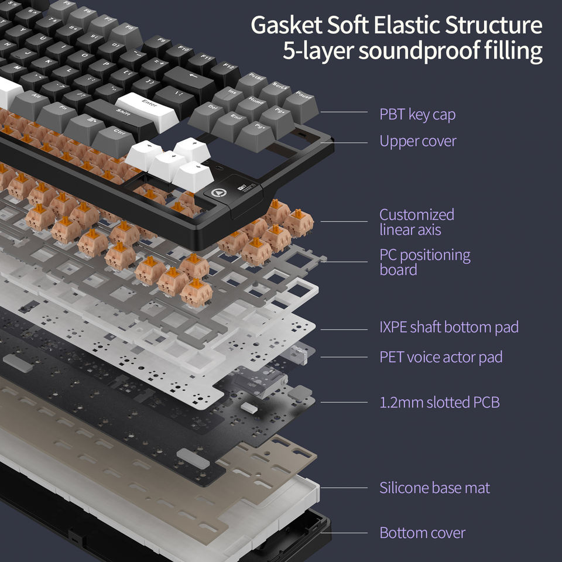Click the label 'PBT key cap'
point(417,114)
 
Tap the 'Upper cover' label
point(417,141)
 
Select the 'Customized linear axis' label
point(416,222)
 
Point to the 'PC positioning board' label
point(424,262)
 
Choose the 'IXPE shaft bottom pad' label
point(448,327)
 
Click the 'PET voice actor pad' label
point(441,357)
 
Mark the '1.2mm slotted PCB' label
point(439,402)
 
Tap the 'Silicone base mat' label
point(434,487)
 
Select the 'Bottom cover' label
point(422,533)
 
